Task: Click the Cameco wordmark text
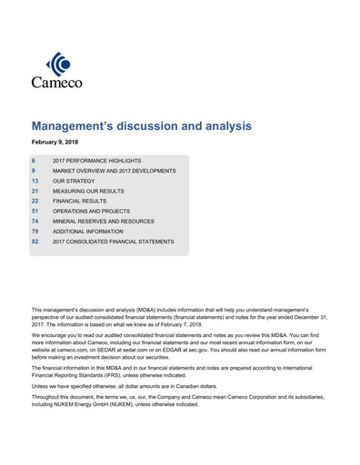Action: (x=57, y=84)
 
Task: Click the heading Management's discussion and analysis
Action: (x=141, y=127)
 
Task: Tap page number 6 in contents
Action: (x=34, y=160)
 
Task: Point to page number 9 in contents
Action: (x=34, y=171)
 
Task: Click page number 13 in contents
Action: (x=35, y=182)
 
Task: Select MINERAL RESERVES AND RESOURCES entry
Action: (x=103, y=222)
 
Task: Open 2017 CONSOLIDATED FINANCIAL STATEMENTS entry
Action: (x=113, y=242)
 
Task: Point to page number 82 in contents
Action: (x=35, y=242)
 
